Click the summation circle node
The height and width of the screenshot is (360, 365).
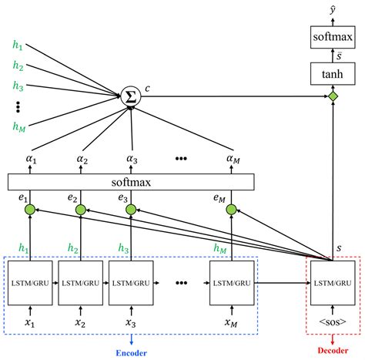[131, 96]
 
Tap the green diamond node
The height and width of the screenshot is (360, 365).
[333, 96]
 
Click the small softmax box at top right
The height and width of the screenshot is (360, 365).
[333, 35]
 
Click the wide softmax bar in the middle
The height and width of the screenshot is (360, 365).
[131, 183]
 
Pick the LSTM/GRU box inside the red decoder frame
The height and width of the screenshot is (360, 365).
[333, 284]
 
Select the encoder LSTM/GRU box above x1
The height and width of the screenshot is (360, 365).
[28, 284]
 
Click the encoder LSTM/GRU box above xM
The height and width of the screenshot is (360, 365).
[232, 284]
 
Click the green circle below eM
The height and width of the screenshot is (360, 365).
[232, 209]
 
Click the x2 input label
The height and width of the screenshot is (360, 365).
[79, 323]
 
